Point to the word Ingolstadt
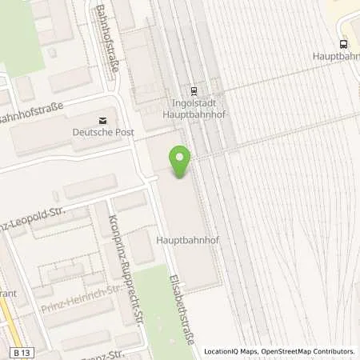pyautogui.click(x=194, y=103)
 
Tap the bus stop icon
pyautogui.click(x=343, y=44)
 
